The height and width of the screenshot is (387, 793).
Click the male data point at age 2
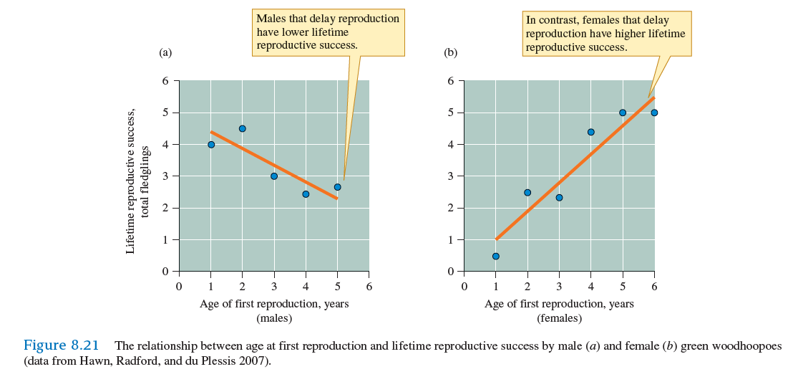pyautogui.click(x=242, y=128)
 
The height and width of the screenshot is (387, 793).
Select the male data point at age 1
pyautogui.click(x=211, y=144)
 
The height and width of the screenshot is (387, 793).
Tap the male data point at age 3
pyautogui.click(x=274, y=176)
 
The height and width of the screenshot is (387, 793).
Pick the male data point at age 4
pyautogui.click(x=306, y=193)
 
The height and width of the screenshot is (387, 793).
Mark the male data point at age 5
pyautogui.click(x=337, y=187)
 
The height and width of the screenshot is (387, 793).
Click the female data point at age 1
pyautogui.click(x=495, y=256)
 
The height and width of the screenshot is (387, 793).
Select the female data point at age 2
pyautogui.click(x=527, y=192)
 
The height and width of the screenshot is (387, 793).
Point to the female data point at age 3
pyautogui.click(x=559, y=197)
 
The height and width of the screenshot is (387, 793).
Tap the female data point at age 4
pyautogui.click(x=591, y=132)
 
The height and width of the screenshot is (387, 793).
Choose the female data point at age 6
pyautogui.click(x=654, y=113)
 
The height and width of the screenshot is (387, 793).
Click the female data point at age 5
pyautogui.click(x=623, y=113)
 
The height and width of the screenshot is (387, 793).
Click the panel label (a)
pyautogui.click(x=165, y=52)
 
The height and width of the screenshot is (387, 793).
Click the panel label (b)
pyautogui.click(x=451, y=52)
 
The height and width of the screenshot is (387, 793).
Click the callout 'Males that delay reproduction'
pyautogui.click(x=328, y=18)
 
